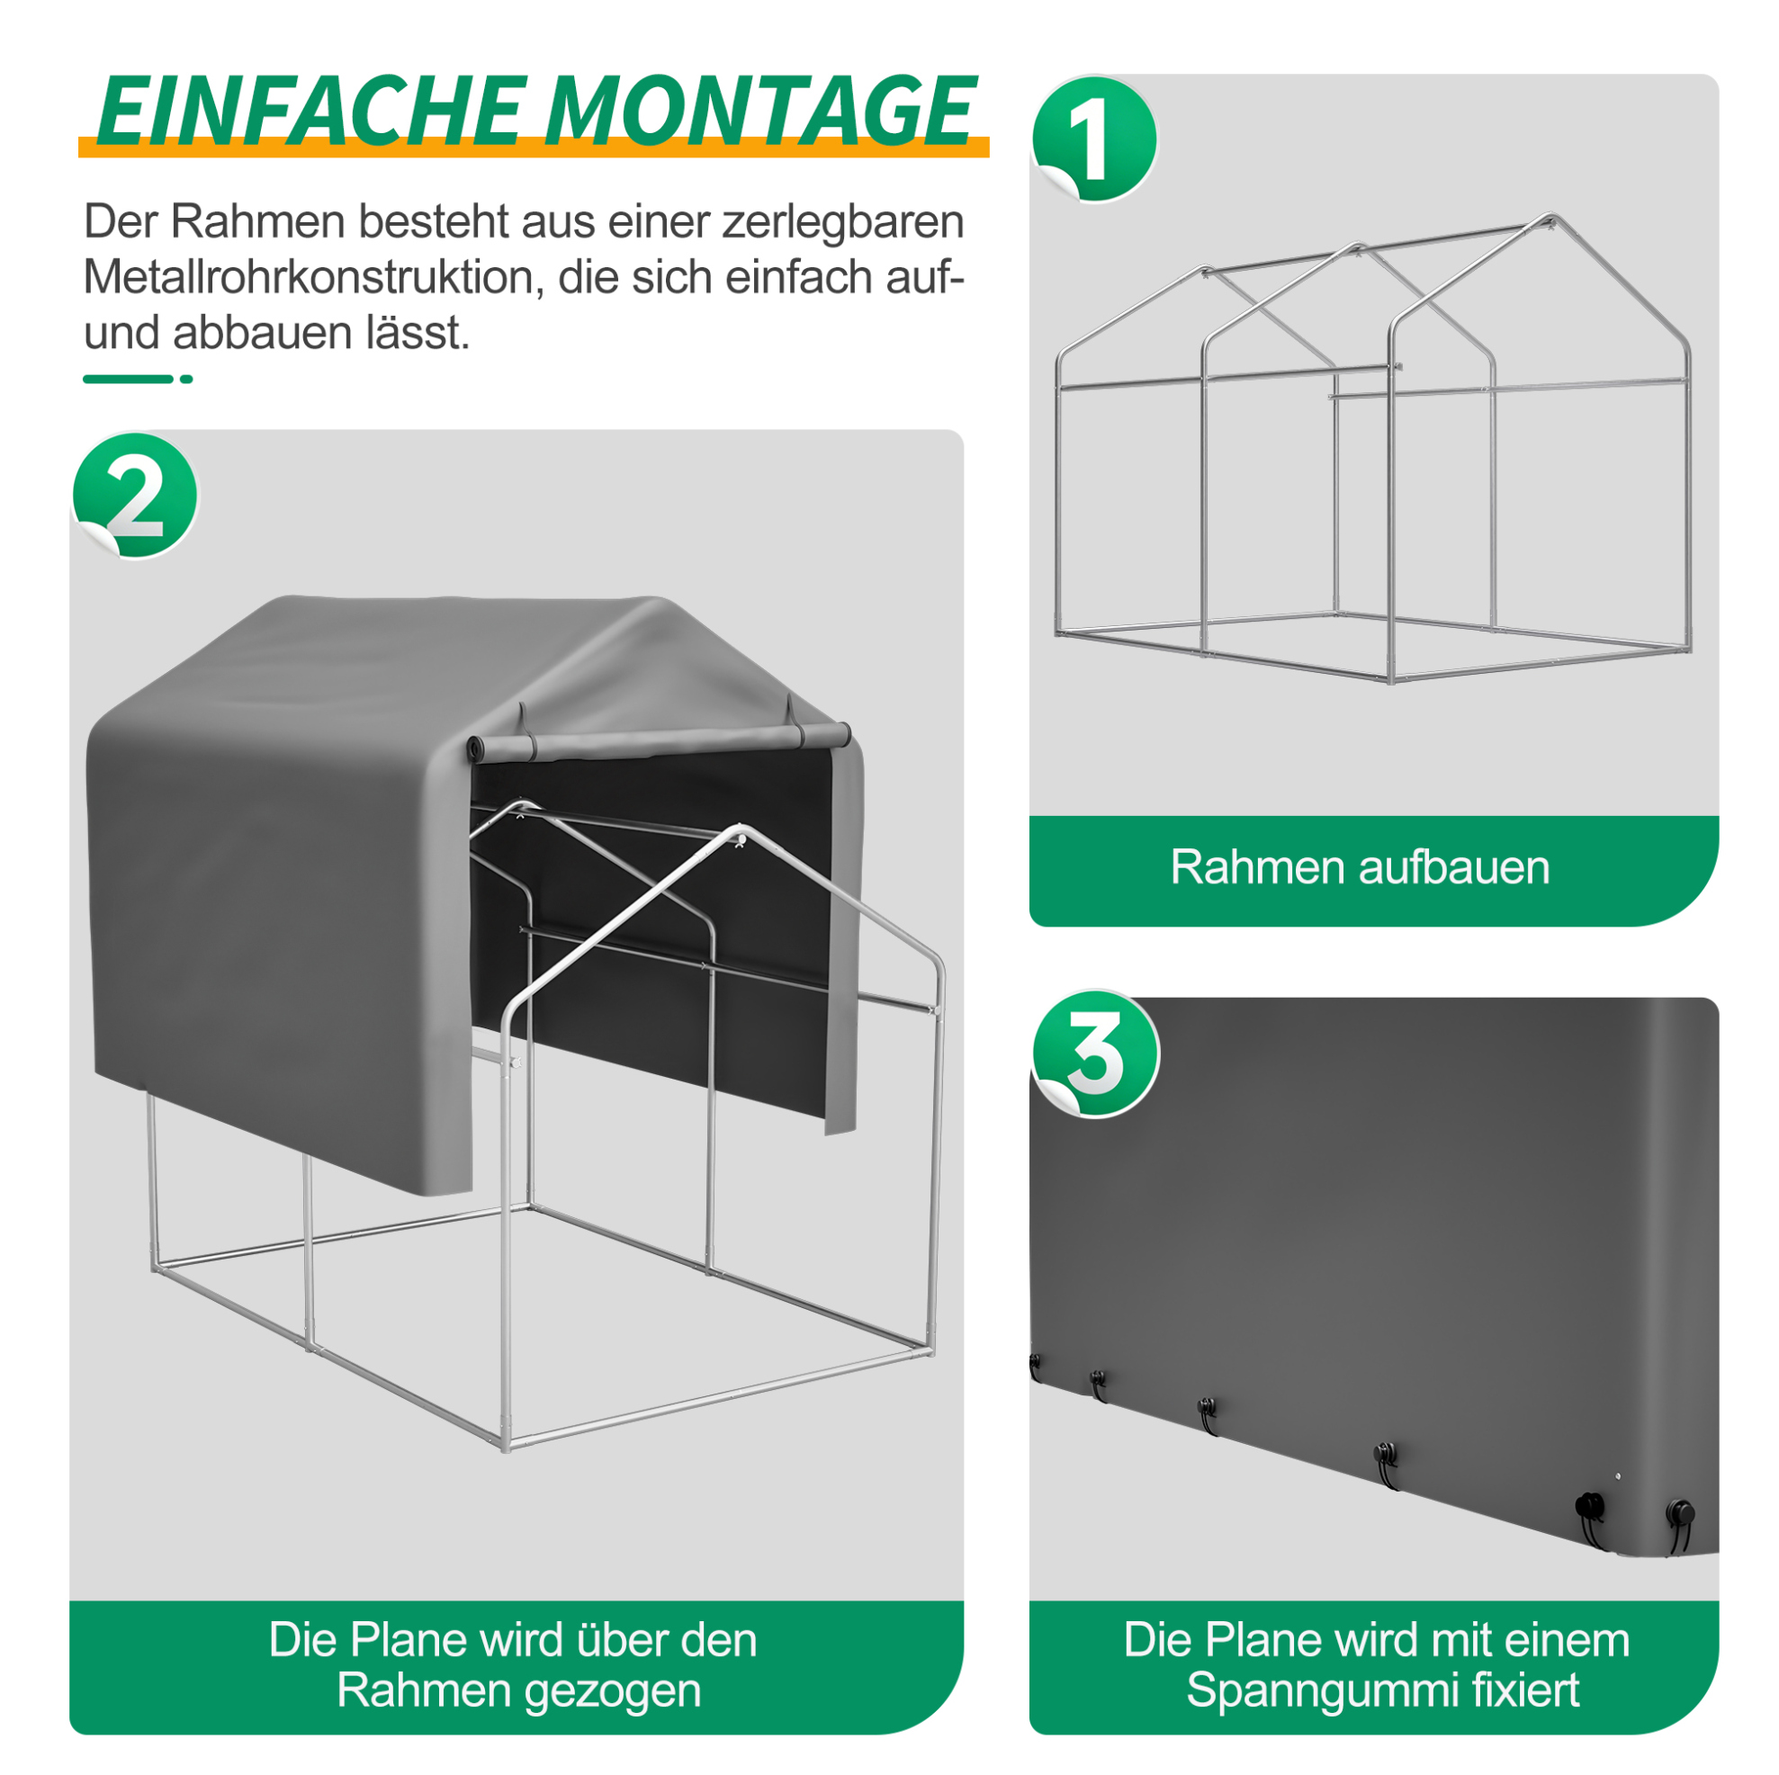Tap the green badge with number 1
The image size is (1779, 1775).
(x=1094, y=139)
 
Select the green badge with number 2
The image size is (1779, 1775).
(x=135, y=496)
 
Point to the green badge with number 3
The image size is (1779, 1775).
(x=1095, y=1054)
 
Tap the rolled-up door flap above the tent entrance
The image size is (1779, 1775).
(x=659, y=742)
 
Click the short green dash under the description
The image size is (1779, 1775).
(x=128, y=380)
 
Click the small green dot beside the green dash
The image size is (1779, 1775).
(x=186, y=380)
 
